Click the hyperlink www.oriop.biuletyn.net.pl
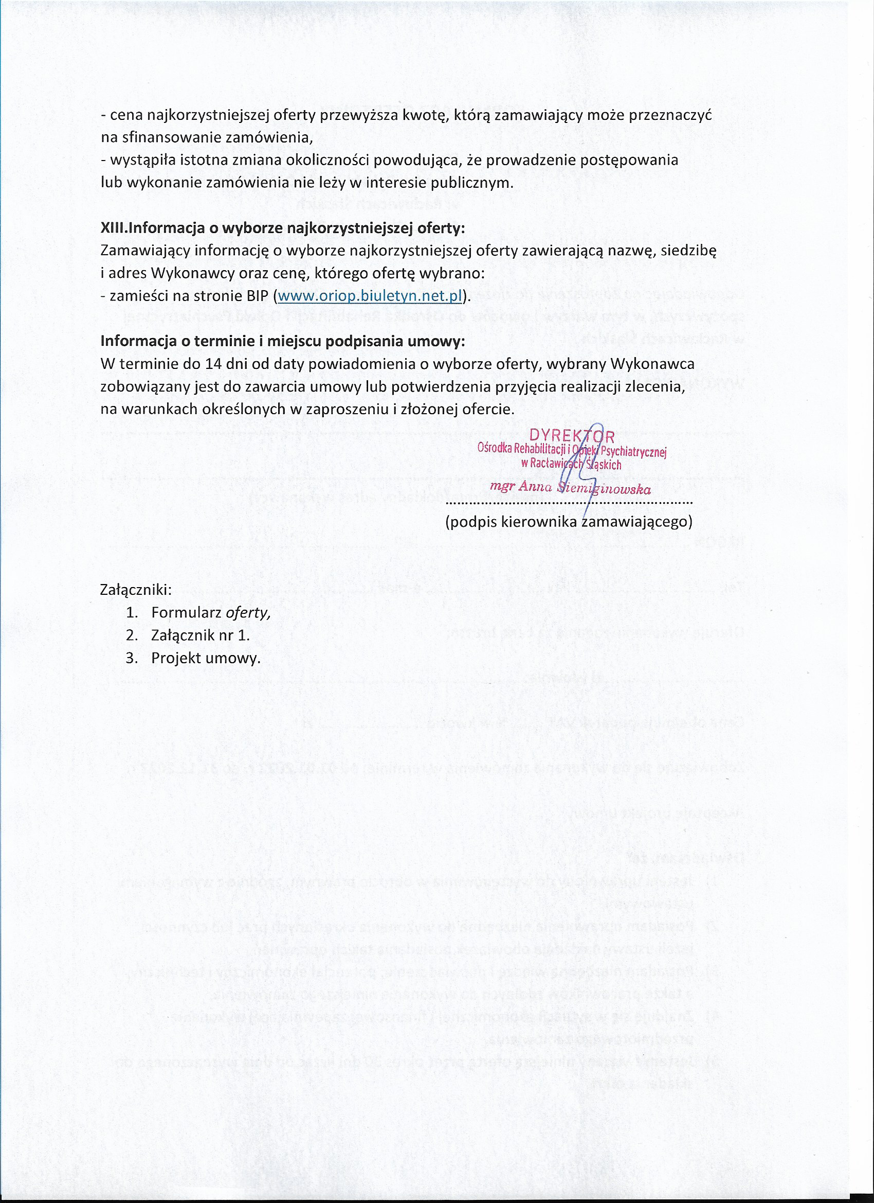pos(370,296)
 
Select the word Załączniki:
pos(136,589)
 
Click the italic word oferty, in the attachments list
pos(248,613)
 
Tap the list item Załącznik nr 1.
pos(201,635)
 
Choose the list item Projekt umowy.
pos(206,658)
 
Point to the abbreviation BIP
pos(258,296)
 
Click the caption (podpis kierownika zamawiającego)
pos(569,522)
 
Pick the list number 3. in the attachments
pos(132,658)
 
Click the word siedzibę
pos(689,251)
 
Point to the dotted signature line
pos(569,502)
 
